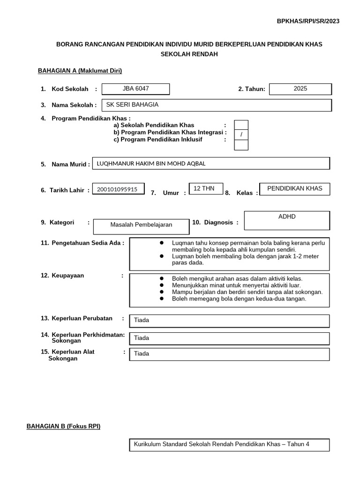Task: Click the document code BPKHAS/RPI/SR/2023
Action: point(308,21)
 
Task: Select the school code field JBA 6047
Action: point(136,89)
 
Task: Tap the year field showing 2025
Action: point(300,89)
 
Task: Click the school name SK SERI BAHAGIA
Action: point(133,105)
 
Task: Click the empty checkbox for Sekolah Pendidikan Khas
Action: point(241,125)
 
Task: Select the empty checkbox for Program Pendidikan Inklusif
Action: point(241,145)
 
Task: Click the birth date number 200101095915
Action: point(117,189)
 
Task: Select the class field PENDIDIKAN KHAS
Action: point(294,188)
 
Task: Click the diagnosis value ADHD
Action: point(287,217)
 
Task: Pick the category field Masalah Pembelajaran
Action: point(141,225)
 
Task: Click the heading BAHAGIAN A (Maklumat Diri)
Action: point(80,71)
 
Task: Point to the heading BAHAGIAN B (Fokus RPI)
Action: point(63,426)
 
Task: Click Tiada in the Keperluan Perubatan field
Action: point(142,320)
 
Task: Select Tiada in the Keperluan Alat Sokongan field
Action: point(142,353)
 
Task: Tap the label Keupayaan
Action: point(68,276)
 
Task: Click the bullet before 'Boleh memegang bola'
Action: point(161,299)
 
